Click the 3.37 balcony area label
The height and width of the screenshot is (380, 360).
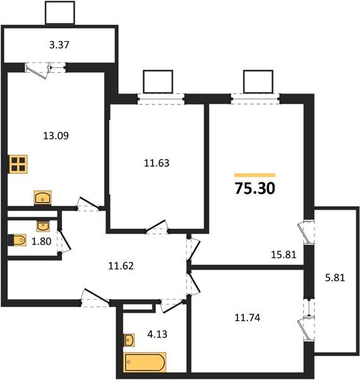59,45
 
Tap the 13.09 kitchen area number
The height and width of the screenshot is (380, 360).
56,136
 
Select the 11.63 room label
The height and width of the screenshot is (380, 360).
157,163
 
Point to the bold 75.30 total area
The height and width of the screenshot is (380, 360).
255,188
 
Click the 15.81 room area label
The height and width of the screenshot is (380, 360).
283,255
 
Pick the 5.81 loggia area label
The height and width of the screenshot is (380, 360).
335,277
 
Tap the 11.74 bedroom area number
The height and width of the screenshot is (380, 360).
247,317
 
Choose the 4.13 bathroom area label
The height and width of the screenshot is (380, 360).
157,334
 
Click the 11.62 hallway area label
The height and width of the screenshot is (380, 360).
121,266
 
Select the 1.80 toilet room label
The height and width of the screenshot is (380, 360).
41,241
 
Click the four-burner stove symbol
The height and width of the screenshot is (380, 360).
18,164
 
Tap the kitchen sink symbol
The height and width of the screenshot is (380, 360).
42,198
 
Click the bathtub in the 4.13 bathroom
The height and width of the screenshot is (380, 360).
145,362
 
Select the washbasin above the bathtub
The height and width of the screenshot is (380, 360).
129,340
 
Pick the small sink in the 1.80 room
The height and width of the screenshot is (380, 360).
43,226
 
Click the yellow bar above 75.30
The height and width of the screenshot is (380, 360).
255,175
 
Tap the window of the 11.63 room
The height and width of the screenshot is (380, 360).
161,99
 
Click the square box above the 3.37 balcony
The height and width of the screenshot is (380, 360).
60,13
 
